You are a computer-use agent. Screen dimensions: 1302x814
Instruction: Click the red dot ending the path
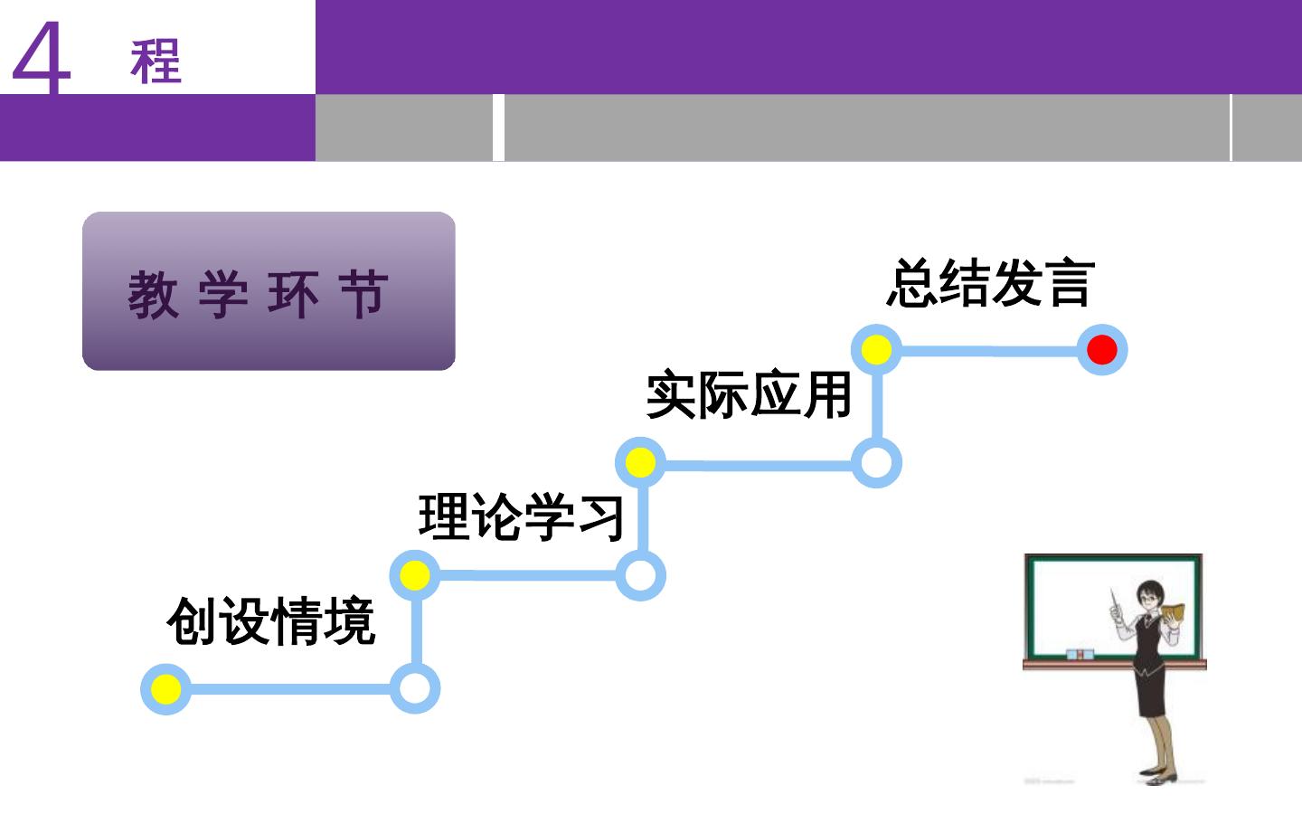coord(1101,350)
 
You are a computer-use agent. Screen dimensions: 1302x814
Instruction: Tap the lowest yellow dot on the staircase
coord(166,689)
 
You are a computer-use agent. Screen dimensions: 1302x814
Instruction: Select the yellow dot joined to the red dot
coord(876,350)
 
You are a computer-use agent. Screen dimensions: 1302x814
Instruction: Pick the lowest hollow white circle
coord(415,689)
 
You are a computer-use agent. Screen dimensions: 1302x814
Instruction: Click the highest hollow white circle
coord(876,463)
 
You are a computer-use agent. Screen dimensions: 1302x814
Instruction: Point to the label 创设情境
coord(271,621)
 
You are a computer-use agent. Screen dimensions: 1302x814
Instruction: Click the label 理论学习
coord(522,517)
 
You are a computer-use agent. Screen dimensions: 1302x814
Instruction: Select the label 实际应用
coord(750,395)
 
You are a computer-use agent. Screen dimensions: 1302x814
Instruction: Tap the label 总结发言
coord(991,282)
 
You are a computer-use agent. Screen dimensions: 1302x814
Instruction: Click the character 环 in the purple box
coord(293,294)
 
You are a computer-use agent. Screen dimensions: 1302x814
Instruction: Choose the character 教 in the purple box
coord(153,294)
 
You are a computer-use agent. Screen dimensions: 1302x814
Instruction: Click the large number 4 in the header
coord(42,60)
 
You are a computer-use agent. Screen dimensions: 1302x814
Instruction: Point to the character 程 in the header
coord(156,62)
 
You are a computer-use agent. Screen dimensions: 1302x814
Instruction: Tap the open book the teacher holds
coord(1174,611)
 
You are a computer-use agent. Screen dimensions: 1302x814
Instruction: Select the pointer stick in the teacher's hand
coord(1115,602)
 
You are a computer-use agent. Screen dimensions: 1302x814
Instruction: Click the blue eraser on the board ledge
coord(1079,654)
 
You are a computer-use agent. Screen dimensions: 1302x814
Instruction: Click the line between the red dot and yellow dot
coord(989,350)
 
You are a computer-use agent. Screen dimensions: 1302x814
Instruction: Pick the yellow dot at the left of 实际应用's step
coord(640,463)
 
